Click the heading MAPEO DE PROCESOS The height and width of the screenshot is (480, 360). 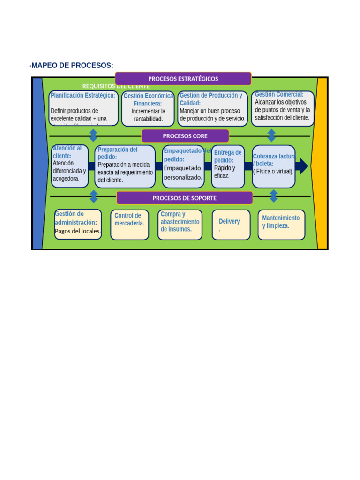click(x=71, y=65)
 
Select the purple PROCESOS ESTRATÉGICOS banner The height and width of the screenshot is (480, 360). click(x=183, y=79)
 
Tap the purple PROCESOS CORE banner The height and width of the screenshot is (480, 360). click(x=185, y=136)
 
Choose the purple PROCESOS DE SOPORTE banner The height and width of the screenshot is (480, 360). click(x=184, y=198)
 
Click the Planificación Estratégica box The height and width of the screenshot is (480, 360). click(x=83, y=108)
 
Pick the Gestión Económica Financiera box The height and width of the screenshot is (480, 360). click(x=148, y=108)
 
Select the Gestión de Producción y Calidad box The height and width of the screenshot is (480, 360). click(x=212, y=108)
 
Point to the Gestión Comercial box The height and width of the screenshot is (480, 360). click(x=283, y=108)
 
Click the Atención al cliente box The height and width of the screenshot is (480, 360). click(x=69, y=166)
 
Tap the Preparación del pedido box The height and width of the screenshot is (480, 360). click(x=125, y=166)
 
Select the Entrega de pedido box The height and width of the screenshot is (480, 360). click(x=228, y=166)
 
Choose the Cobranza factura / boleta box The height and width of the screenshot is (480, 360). click(x=274, y=166)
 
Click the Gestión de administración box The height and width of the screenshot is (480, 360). click(x=78, y=224)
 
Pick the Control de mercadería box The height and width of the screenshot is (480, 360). click(x=129, y=225)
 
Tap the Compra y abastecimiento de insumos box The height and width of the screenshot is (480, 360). click(x=180, y=225)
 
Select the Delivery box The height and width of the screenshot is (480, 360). click(x=231, y=225)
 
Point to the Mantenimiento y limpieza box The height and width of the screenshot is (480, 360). click(x=281, y=225)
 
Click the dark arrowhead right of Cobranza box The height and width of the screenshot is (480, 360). click(x=303, y=166)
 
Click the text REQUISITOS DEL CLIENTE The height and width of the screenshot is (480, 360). click(x=116, y=86)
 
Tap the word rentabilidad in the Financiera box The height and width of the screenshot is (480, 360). click(x=148, y=119)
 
